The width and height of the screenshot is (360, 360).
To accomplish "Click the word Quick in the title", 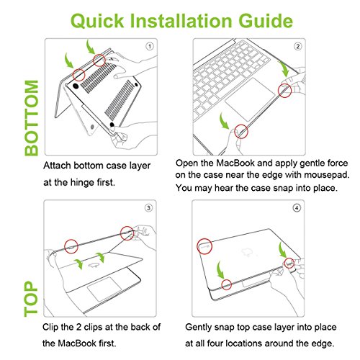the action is pyautogui.click(x=97, y=21).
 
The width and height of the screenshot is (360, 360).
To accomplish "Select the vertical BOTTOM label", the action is pyautogui.click(x=32, y=118).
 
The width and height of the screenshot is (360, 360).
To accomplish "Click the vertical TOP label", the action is pyautogui.click(x=31, y=299).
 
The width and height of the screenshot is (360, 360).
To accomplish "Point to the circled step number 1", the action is pyautogui.click(x=150, y=46).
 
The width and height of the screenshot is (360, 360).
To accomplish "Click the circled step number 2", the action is pyautogui.click(x=297, y=46).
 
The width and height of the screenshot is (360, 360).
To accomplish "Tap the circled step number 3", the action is pyautogui.click(x=148, y=207).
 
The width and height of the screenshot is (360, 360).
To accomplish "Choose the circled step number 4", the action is pyautogui.click(x=297, y=207).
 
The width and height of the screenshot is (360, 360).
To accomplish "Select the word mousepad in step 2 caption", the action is pyautogui.click(x=327, y=175).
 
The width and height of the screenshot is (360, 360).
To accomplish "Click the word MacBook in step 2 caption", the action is pyautogui.click(x=235, y=163).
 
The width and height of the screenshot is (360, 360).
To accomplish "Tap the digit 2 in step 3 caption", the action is pyautogui.click(x=78, y=327).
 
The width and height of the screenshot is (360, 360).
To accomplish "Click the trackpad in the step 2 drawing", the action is pyautogui.click(x=250, y=99).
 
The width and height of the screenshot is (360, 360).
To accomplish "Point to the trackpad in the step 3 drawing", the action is pyautogui.click(x=105, y=289).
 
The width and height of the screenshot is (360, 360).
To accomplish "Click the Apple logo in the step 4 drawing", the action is pyautogui.click(x=248, y=252).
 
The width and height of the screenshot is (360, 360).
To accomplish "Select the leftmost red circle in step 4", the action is pyautogui.click(x=204, y=246).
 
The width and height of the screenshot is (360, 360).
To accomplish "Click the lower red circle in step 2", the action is pyautogui.click(x=241, y=132).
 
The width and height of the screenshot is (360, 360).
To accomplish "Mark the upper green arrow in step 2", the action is pyautogui.click(x=284, y=69).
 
